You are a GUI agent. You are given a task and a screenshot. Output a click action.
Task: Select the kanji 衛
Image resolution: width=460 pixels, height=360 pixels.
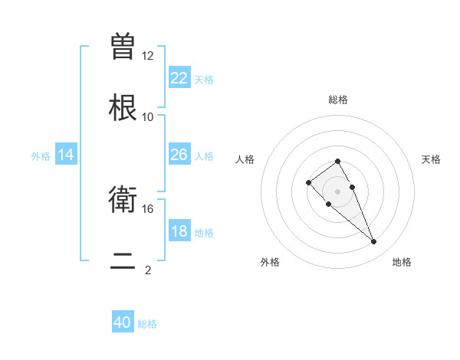(x=123, y=201)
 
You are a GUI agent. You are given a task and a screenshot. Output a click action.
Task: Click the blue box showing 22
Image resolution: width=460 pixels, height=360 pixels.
(x=179, y=78)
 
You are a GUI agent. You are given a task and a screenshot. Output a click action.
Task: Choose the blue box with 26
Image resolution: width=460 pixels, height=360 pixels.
(x=179, y=155)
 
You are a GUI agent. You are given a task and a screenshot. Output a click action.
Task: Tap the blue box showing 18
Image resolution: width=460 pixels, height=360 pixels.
(x=179, y=231)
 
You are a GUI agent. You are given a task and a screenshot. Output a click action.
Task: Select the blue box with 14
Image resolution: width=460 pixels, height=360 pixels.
(x=66, y=155)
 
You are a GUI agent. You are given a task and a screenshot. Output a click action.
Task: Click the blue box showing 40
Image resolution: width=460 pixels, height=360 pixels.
(x=123, y=323)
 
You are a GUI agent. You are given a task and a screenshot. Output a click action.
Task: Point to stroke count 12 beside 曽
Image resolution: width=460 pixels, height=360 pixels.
(x=148, y=56)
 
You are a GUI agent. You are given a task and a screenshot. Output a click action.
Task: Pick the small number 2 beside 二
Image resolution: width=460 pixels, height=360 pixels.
(x=148, y=270)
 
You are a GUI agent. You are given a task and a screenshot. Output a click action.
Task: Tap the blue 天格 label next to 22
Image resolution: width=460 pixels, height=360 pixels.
(x=204, y=79)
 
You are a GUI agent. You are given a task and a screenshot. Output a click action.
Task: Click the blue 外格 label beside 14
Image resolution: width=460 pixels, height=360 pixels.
(x=41, y=155)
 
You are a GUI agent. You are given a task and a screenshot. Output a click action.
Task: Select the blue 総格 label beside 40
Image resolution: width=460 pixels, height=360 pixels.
(x=147, y=324)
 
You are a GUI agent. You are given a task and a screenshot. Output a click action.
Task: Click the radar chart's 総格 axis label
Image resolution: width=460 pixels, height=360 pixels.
(x=338, y=100)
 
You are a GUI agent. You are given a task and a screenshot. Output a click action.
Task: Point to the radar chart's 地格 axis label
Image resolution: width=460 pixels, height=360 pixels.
(x=402, y=262)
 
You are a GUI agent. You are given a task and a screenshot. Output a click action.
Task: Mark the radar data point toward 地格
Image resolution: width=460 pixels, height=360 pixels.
(x=374, y=242)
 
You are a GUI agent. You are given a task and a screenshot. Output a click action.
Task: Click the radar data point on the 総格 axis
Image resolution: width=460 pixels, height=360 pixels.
(x=337, y=161)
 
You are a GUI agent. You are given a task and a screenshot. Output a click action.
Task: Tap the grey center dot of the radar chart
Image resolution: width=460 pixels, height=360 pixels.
(x=337, y=191)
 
